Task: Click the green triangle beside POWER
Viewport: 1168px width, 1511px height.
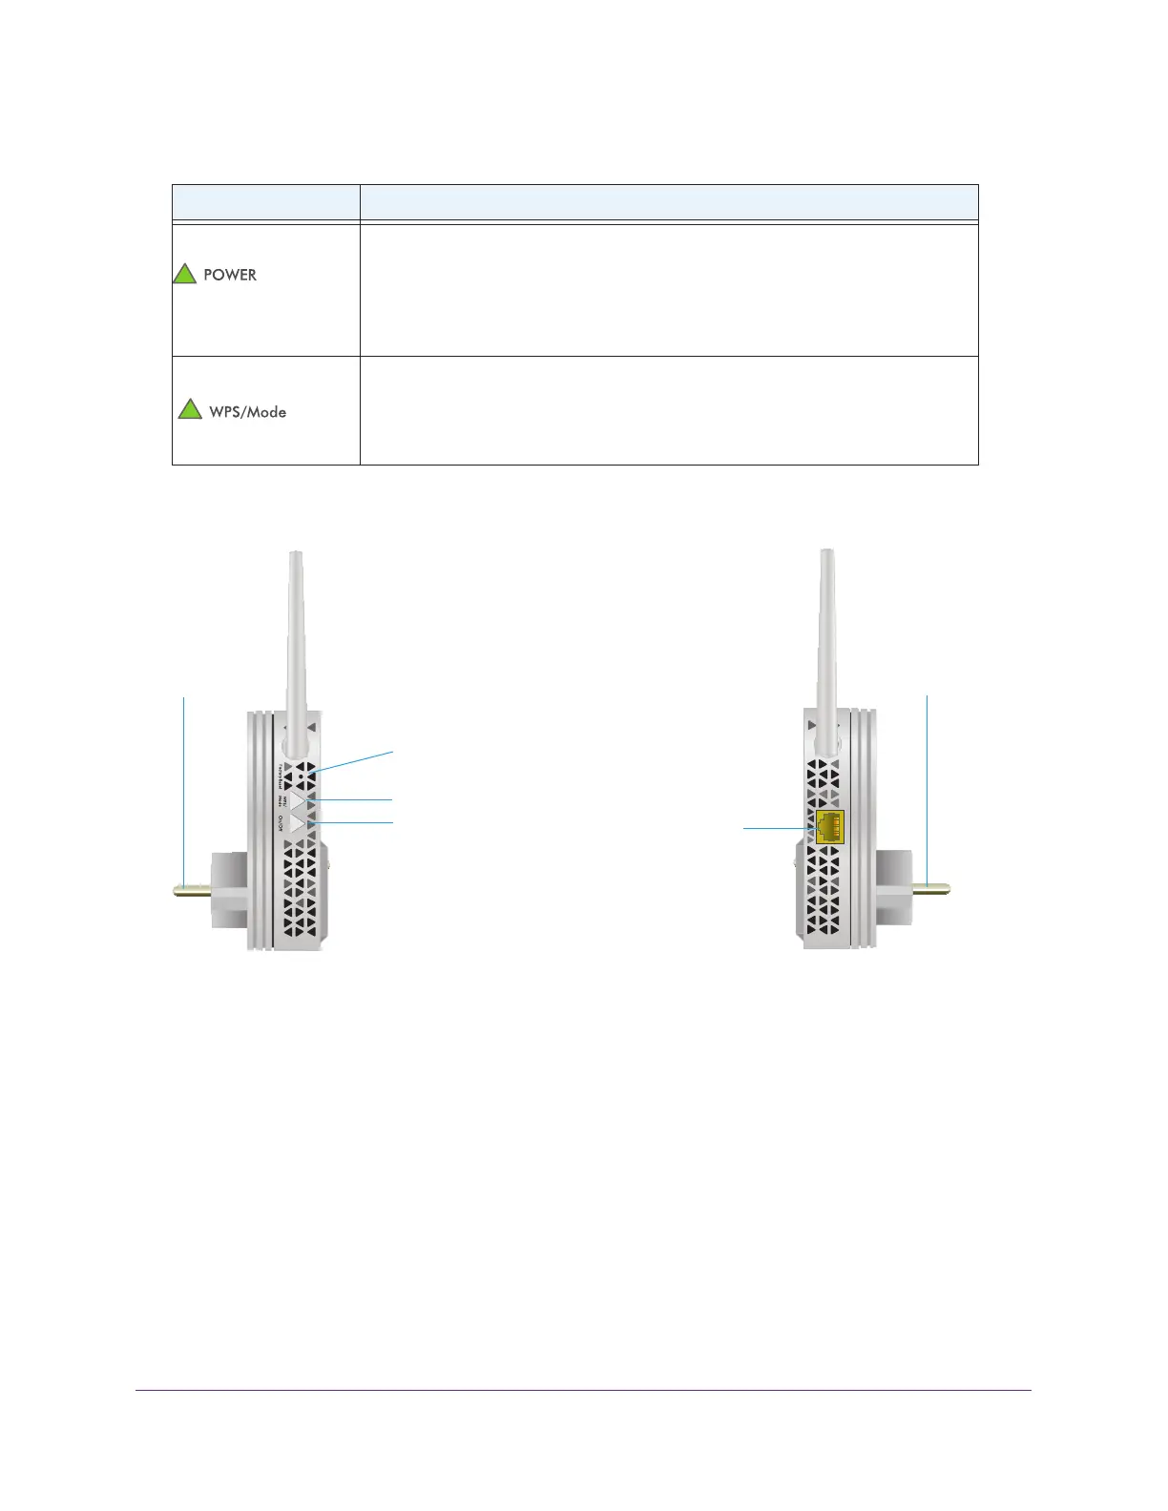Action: point(184,275)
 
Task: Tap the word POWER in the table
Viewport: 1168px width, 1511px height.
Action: point(230,275)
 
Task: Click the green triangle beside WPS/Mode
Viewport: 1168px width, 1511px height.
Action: point(190,410)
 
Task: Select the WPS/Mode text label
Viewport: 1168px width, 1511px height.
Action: point(248,412)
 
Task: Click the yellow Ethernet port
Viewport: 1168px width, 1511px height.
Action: point(829,826)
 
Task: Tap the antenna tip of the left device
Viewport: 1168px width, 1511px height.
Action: point(296,554)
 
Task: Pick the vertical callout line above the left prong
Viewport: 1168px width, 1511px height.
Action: point(184,782)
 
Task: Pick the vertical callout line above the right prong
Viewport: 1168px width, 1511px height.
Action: point(928,782)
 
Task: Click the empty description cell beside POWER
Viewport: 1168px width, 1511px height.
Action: point(668,290)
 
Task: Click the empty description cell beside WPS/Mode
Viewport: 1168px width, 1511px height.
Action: point(668,410)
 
